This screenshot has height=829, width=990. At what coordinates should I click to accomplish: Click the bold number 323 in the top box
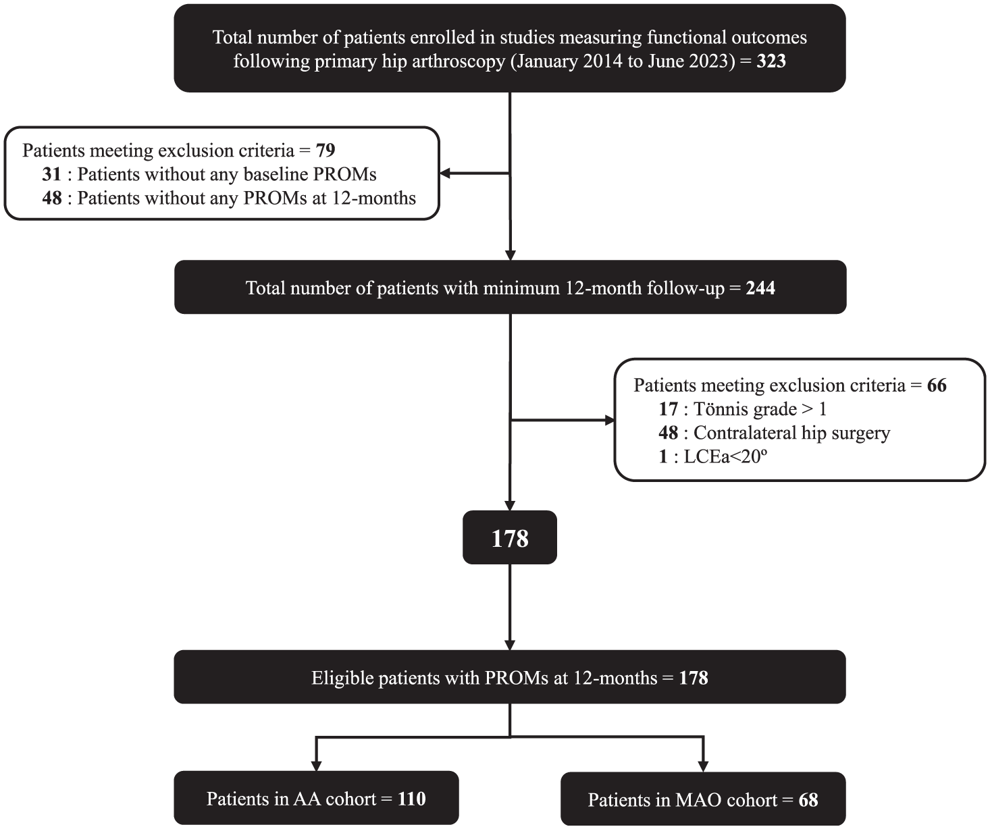coord(771,61)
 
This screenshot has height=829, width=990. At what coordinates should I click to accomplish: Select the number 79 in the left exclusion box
coord(325,151)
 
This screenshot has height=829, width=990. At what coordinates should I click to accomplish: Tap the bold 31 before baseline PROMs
coord(52,174)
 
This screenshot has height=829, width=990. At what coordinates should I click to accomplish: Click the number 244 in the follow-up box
coord(760,288)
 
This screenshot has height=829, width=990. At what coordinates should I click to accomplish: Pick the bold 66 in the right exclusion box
coord(937,385)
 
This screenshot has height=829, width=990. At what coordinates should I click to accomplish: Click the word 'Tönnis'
coord(721,408)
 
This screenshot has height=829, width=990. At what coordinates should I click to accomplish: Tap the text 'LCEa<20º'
coord(725,456)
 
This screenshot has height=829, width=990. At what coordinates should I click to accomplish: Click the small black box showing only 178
coord(510,537)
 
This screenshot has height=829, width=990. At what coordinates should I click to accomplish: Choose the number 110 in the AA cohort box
coord(411,799)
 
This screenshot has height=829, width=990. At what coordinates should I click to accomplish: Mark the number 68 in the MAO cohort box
coord(808,799)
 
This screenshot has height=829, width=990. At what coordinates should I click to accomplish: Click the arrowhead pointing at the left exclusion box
coord(445,173)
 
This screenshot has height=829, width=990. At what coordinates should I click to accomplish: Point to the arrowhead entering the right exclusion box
coord(610,420)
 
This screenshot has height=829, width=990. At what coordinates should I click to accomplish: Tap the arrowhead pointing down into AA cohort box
coord(316,766)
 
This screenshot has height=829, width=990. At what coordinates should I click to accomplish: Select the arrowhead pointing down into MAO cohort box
coord(703,766)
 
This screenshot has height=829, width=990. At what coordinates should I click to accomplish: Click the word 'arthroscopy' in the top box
coord(459,61)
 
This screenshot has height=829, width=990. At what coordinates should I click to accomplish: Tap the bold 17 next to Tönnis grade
coord(669,408)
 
